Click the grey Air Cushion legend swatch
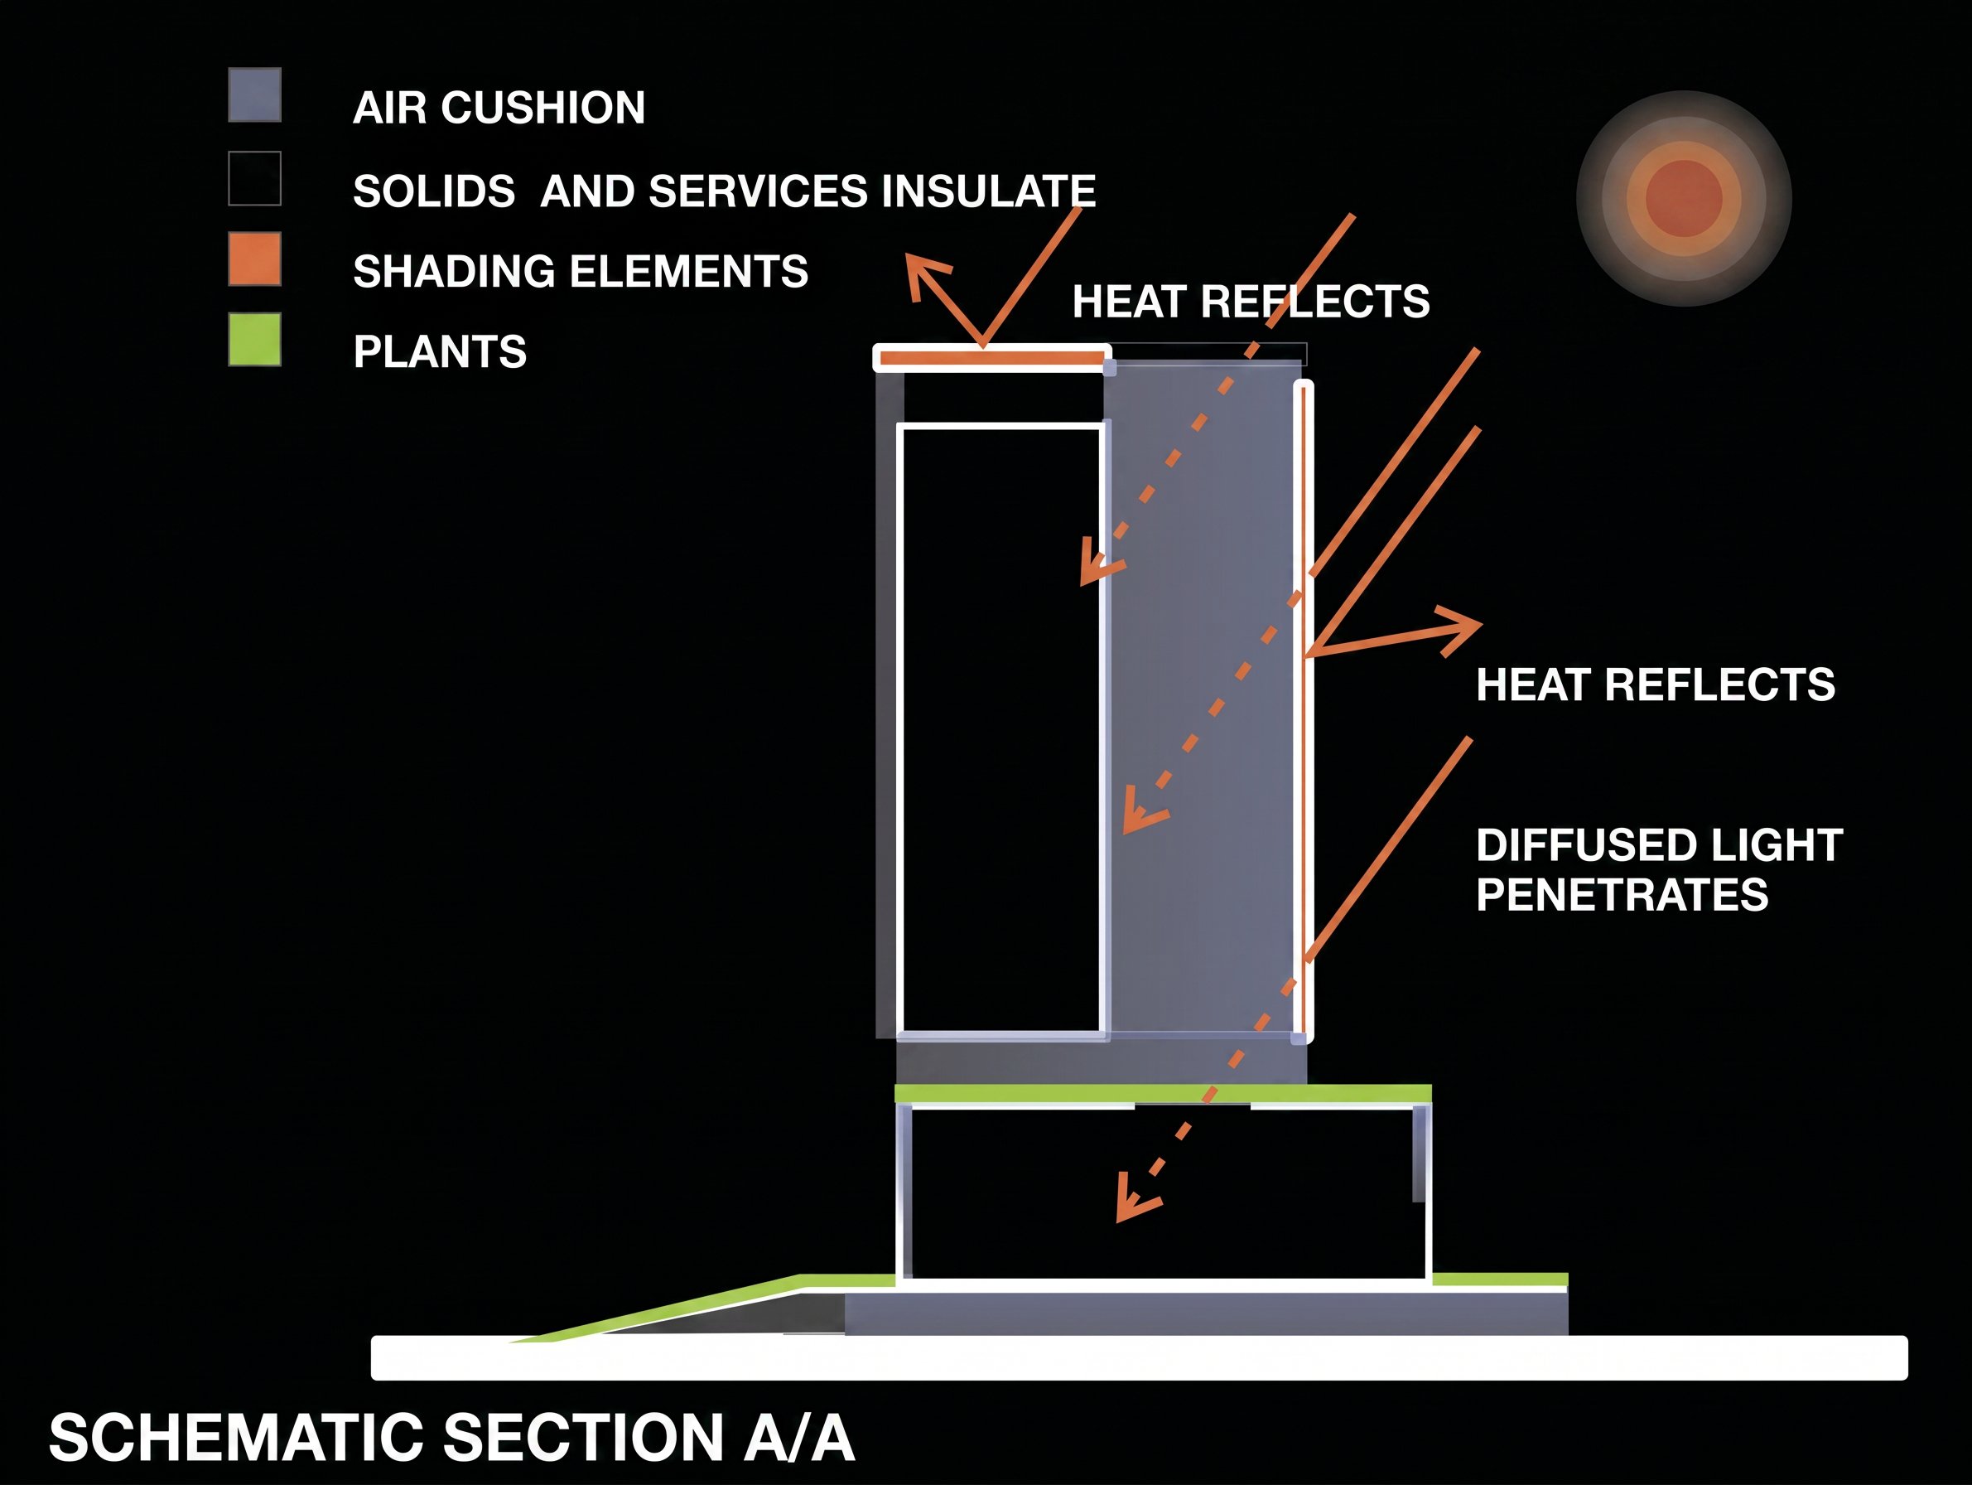click(255, 94)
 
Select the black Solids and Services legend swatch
click(255, 178)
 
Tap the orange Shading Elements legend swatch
click(255, 259)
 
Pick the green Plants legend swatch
click(255, 339)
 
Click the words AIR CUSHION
click(499, 108)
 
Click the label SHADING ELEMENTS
click(581, 271)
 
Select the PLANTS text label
click(440, 351)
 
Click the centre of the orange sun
click(1683, 198)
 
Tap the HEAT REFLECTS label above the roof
click(1251, 302)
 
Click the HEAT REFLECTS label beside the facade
click(1656, 685)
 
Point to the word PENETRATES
click(1622, 895)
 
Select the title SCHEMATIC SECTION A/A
click(451, 1438)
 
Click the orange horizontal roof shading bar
click(992, 359)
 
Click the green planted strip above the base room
click(1164, 1094)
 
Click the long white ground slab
click(1140, 1357)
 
